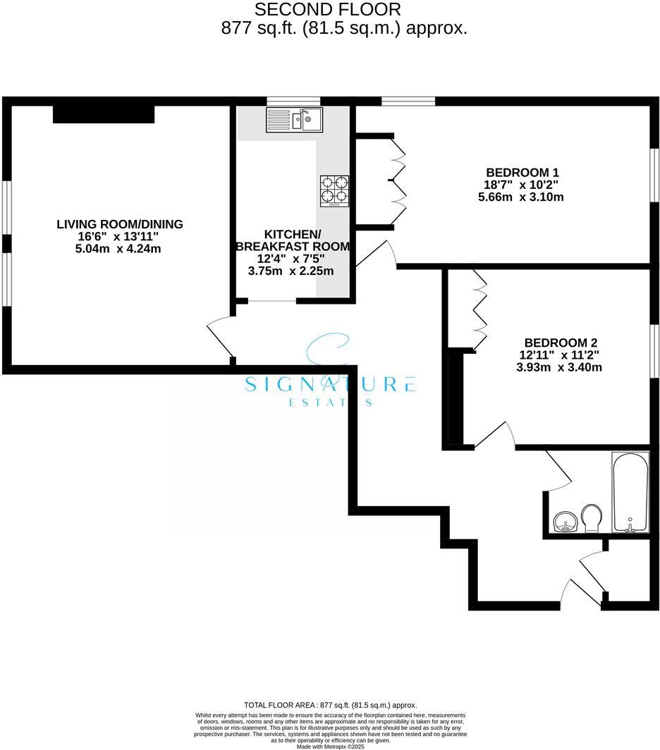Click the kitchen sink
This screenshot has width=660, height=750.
(x=294, y=119)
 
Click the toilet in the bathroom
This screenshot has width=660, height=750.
(x=592, y=518)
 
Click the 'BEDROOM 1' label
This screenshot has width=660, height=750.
(x=522, y=172)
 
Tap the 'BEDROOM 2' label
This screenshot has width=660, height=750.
(x=557, y=343)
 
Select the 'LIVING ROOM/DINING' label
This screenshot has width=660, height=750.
(x=120, y=224)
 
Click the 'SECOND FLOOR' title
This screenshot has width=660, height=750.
(x=327, y=10)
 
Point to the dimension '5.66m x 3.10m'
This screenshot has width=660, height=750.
(x=521, y=197)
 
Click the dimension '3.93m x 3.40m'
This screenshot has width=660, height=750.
(x=558, y=367)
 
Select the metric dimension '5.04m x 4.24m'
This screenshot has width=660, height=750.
(x=118, y=248)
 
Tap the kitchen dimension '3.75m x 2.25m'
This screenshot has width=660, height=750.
(x=291, y=271)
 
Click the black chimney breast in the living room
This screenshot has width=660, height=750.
(x=104, y=113)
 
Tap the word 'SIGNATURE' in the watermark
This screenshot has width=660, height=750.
(x=329, y=384)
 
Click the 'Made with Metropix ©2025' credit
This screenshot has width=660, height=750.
(x=330, y=746)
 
